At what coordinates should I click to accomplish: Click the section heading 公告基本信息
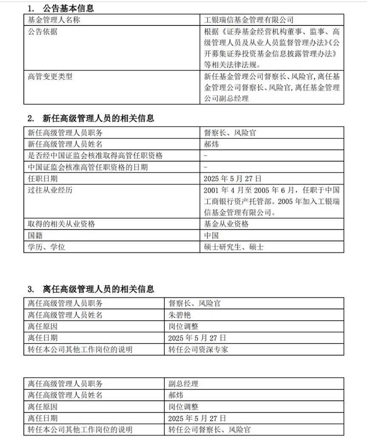68,8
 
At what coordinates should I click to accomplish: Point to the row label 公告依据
42,32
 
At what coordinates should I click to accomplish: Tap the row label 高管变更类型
50,77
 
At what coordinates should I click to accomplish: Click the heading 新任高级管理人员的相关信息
98,118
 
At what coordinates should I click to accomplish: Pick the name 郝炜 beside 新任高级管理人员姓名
211,144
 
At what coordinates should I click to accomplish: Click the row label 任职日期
42,179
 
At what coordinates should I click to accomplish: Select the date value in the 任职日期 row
232,179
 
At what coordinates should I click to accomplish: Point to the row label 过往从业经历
50,190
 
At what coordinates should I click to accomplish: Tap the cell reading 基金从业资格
226,224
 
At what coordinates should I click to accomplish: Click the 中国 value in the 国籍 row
211,235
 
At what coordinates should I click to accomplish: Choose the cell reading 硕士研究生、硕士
234,247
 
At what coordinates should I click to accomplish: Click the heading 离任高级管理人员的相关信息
98,289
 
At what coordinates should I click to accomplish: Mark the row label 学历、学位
46,247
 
